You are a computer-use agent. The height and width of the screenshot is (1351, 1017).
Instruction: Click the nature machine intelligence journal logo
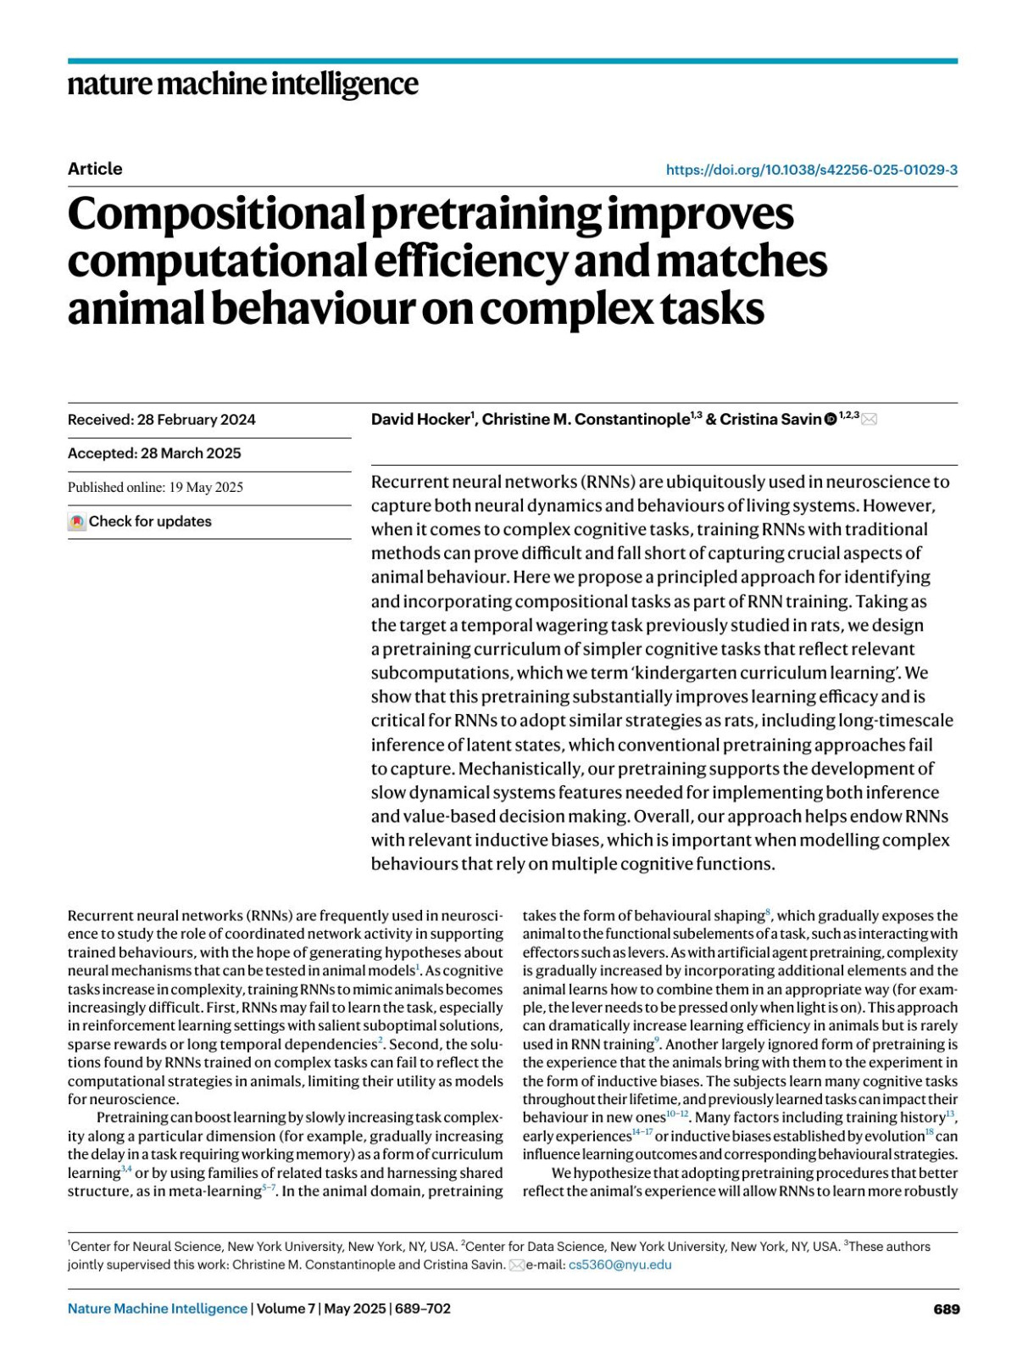(242, 85)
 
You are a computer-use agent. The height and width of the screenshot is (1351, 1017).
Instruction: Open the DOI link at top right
(811, 170)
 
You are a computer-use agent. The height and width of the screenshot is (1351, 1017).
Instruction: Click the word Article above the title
(95, 169)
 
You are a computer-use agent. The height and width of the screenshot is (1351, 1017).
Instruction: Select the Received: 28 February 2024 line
(161, 420)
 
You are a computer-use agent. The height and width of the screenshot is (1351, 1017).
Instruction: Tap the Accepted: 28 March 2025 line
(154, 454)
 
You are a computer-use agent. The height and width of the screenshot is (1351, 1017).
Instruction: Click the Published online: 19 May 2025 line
(155, 488)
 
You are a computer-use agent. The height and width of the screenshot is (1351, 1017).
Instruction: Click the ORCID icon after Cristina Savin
(831, 419)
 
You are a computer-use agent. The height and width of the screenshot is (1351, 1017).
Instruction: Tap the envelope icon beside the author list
(869, 419)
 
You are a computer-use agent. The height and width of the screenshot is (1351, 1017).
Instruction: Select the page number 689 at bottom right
(946, 1309)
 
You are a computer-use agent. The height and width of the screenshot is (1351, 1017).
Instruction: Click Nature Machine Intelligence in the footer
(158, 1309)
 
